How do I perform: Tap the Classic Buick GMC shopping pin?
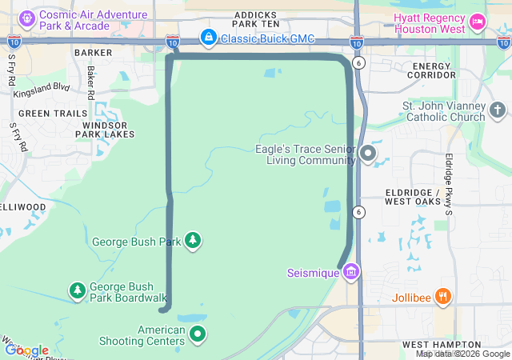(x=208, y=37)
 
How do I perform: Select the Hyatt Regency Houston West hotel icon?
(x=478, y=22)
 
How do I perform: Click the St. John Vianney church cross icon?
(x=497, y=110)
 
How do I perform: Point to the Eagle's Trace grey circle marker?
(x=368, y=153)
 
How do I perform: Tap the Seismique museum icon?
(x=350, y=274)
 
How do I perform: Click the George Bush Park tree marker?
(x=192, y=240)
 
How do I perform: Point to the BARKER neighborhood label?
(x=93, y=52)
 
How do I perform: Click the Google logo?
(x=27, y=350)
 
